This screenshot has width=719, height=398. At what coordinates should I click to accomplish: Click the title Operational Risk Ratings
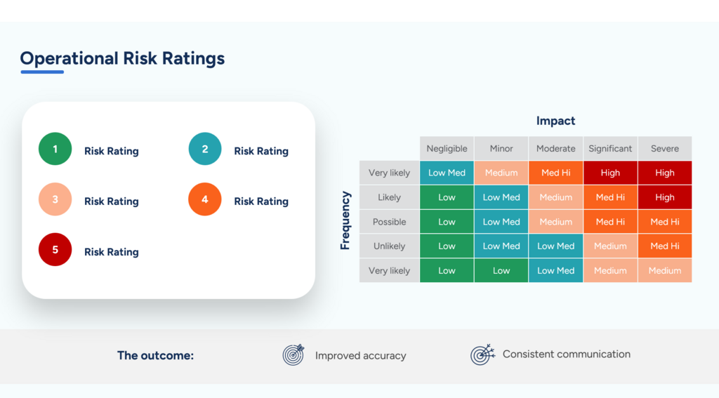point(122,58)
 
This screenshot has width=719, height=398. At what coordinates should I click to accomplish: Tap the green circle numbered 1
point(55,149)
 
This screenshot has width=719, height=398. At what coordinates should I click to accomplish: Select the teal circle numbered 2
point(205,149)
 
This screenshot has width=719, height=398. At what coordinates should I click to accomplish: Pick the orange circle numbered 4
point(205,199)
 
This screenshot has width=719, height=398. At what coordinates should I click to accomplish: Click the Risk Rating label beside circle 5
point(111,252)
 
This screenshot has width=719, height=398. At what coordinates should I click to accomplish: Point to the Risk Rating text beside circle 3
point(111,201)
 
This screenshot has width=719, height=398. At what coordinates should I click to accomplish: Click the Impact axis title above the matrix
point(555,121)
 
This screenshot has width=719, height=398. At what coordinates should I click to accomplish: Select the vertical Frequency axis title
point(345,220)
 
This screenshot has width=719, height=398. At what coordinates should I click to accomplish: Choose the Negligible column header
point(447,149)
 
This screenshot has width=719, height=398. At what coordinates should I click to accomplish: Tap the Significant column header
point(610,149)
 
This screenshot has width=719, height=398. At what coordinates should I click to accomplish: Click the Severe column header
point(664,149)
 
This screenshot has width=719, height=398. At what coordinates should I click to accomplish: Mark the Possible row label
point(389,222)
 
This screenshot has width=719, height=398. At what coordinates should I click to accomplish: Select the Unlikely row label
point(389,246)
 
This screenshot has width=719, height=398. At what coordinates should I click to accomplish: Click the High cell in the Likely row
point(664,197)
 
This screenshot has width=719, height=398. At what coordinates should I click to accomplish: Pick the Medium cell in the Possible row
point(555,222)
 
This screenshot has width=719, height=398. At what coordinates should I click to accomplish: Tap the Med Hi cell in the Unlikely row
point(664,246)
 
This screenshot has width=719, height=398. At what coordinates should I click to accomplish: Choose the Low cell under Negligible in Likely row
point(447,197)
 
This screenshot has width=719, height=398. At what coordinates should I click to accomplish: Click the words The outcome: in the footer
point(155,355)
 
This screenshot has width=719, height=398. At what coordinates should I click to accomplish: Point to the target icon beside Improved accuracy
point(293,355)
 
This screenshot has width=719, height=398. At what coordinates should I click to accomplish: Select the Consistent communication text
point(566,354)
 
